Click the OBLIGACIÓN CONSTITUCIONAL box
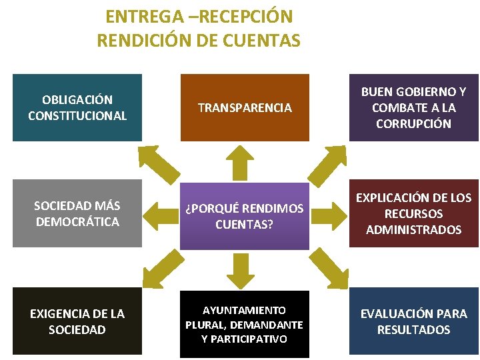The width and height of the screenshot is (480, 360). [x=77, y=107]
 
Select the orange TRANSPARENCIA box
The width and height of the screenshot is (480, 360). [x=245, y=107]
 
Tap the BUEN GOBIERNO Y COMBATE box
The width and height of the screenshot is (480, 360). [x=413, y=107]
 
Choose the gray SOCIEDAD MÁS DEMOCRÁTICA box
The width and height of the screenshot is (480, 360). [x=77, y=213]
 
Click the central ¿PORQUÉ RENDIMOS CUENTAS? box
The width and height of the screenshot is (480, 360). [x=245, y=216]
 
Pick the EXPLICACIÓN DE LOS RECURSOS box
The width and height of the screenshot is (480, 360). [x=413, y=213]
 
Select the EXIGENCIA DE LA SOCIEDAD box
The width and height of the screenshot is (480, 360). [x=77, y=321]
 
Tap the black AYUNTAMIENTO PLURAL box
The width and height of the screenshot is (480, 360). [x=245, y=325]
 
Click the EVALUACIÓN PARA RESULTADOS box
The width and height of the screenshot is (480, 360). [x=413, y=321]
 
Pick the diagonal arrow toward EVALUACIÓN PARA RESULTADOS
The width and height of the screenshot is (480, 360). [x=328, y=267]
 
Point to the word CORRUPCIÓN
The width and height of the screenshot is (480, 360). [x=413, y=123]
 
